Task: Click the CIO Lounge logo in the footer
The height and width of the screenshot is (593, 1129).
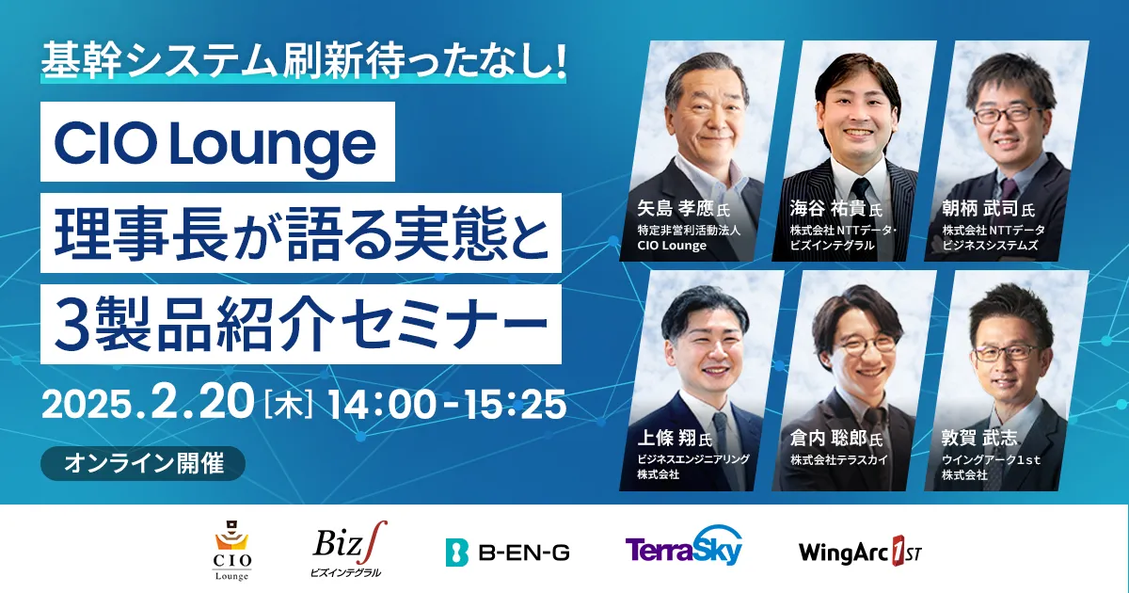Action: click(x=231, y=551)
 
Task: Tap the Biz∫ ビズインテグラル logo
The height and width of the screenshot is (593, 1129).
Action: click(x=349, y=549)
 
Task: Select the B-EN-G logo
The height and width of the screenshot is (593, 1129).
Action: click(x=507, y=553)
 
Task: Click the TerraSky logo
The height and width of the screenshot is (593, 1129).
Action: click(x=684, y=546)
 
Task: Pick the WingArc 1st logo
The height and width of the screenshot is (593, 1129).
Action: click(x=860, y=553)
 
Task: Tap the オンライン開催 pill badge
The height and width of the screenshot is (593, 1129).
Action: click(x=143, y=463)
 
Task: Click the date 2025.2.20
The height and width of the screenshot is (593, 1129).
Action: click(x=148, y=404)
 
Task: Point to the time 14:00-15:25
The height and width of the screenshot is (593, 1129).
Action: click(x=448, y=405)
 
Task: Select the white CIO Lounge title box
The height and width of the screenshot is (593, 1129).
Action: click(x=217, y=142)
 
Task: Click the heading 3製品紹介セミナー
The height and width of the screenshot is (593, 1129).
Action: click(x=301, y=324)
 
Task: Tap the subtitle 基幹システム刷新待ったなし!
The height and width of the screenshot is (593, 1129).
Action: click(x=303, y=62)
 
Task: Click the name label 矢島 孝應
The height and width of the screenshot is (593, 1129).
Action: click(x=676, y=208)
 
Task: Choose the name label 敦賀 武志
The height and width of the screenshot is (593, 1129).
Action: click(x=979, y=438)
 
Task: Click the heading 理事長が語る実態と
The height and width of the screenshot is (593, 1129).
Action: click(x=301, y=233)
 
